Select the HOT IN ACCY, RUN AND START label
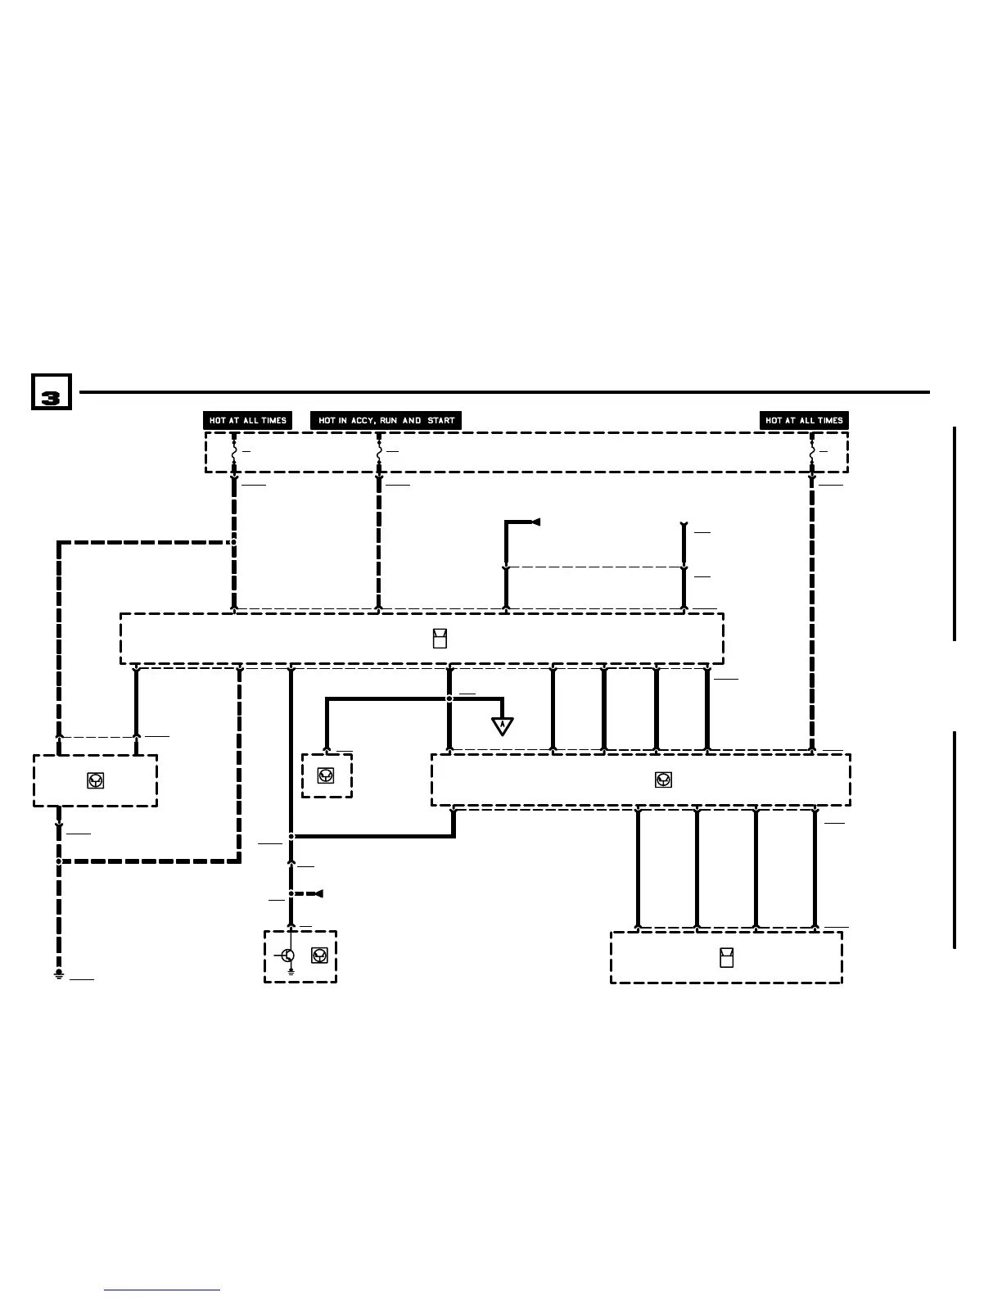tap(386, 421)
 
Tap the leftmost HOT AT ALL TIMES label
tap(247, 421)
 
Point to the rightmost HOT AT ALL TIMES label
tap(804, 421)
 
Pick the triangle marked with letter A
tap(502, 725)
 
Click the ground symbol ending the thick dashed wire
tap(59, 974)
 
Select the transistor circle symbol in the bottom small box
tap(288, 956)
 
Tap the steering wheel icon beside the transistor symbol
tap(319, 956)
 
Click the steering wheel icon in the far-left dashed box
tap(96, 780)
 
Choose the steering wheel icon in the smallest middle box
tap(326, 775)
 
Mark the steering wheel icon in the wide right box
tap(664, 780)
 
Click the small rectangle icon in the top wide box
tap(440, 639)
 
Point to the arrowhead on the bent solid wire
tap(536, 522)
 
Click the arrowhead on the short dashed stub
tap(318, 893)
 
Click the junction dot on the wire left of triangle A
tap(449, 698)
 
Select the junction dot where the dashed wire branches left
tap(234, 542)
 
